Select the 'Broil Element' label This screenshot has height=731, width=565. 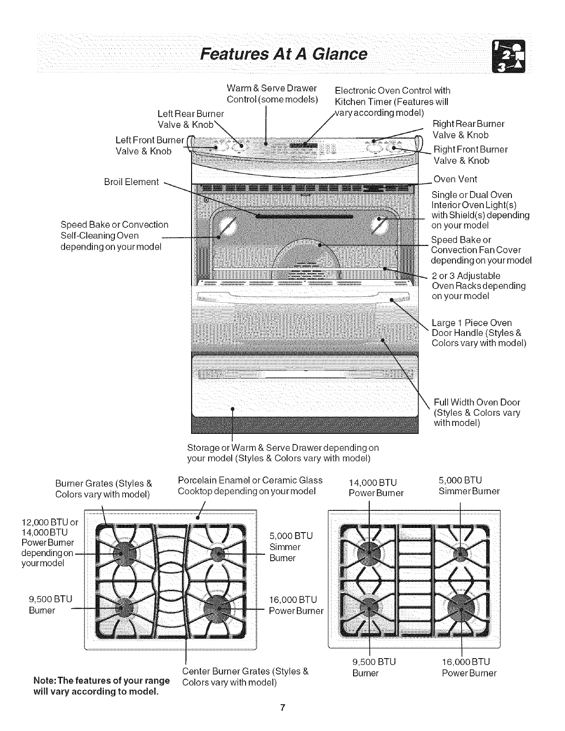pos(132,182)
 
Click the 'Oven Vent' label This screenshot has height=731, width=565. pos(455,179)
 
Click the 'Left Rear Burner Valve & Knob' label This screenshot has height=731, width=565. pos(190,119)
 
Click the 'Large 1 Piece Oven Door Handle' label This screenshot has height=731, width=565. pos(478,333)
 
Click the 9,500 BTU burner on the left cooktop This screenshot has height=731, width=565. pos(123,608)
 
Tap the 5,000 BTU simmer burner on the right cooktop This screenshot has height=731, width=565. pos(461,553)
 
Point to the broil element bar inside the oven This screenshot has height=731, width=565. pos(305,216)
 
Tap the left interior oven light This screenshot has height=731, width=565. pos(229,226)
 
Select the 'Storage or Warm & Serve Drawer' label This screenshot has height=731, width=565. pos(282,453)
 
